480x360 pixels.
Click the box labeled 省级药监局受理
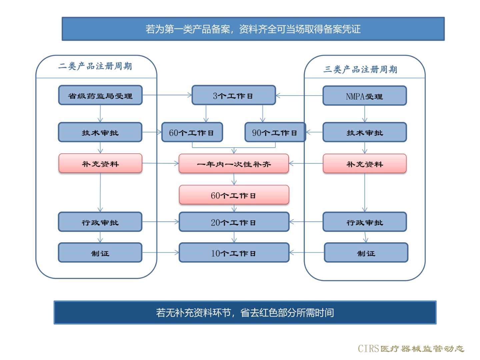(x=100, y=95)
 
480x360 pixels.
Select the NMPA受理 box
(x=364, y=96)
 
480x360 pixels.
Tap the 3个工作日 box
(x=233, y=95)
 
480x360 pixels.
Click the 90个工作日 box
(x=275, y=132)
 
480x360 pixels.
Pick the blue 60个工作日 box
(x=192, y=132)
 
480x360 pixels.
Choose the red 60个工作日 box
(x=234, y=195)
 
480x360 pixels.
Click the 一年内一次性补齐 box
(x=234, y=164)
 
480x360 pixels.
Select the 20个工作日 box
(x=234, y=222)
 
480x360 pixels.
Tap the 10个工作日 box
(x=234, y=253)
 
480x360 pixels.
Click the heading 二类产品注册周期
(x=95, y=66)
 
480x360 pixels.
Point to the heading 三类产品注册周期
(x=360, y=69)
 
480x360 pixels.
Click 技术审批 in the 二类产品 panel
(x=100, y=132)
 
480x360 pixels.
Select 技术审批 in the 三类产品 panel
(x=364, y=132)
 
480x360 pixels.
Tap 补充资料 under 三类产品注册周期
(x=364, y=164)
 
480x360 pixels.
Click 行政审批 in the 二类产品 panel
(x=100, y=222)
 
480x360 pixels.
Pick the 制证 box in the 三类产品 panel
(x=366, y=253)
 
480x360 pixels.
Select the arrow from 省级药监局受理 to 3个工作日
(x=167, y=95)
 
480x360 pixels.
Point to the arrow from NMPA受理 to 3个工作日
(x=299, y=96)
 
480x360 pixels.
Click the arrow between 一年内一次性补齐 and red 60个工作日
(x=234, y=179)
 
